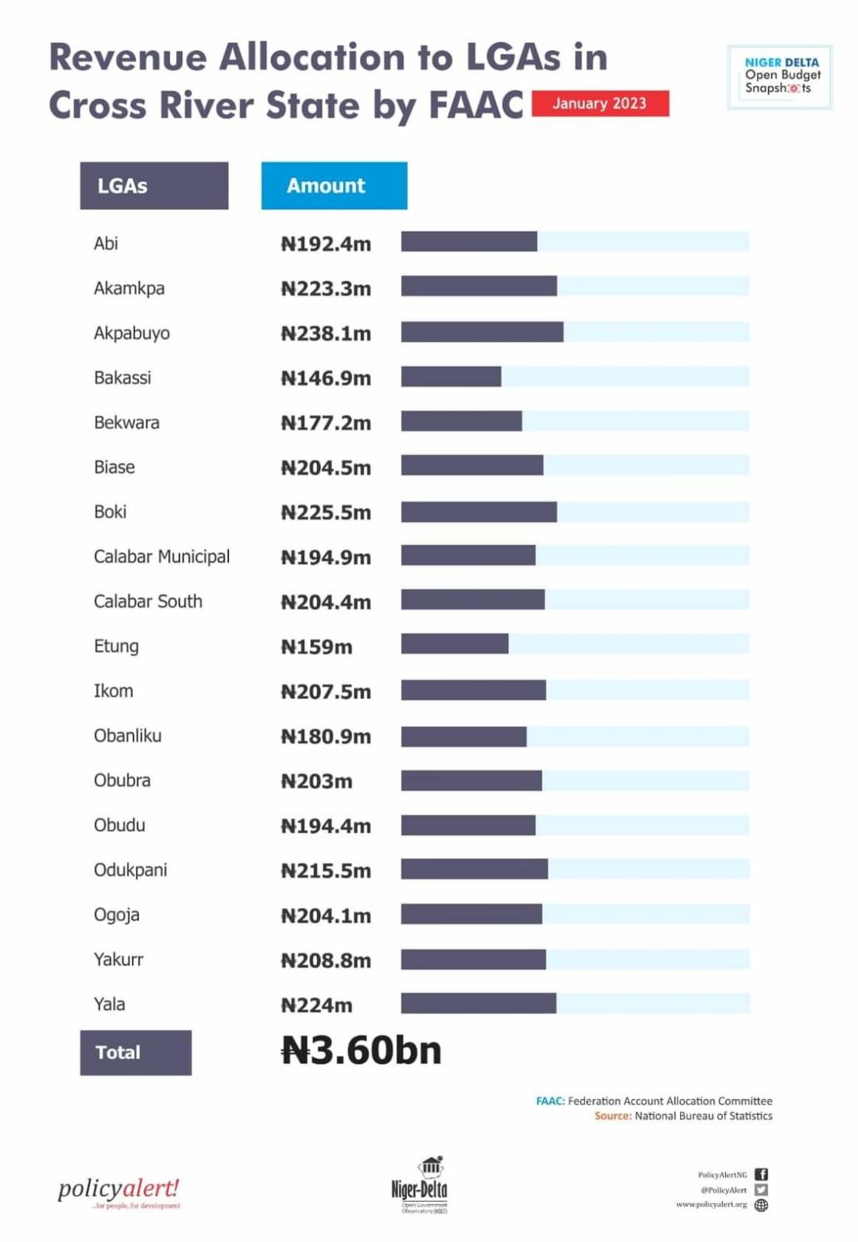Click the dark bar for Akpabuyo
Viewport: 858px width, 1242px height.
pos(482,332)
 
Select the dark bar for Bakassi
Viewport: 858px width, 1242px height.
pos(450,377)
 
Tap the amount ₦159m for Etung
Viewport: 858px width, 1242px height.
pos(316,647)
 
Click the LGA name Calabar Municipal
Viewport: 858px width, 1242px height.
pos(162,557)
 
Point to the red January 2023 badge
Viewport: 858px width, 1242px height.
pos(600,103)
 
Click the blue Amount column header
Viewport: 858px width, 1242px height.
pos(334,186)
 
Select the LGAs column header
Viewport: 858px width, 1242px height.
pos(154,186)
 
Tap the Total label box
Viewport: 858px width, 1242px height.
pos(135,1052)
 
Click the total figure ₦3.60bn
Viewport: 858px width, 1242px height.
pos(361,1050)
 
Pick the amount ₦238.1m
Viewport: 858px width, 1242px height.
pos(326,333)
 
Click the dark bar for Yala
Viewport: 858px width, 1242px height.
pos(478,1003)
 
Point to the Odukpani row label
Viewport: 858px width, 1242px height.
pos(130,870)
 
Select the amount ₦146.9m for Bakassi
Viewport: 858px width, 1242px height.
pos(326,378)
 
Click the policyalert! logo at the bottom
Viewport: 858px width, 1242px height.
pos(119,1191)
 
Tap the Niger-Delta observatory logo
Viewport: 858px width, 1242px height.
pos(419,1185)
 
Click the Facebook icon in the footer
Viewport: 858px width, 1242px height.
pos(761,1174)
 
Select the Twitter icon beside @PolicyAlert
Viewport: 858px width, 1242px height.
pos(761,1189)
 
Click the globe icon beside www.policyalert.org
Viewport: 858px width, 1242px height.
pos(761,1205)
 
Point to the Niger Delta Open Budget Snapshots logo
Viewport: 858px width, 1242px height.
pos(780,76)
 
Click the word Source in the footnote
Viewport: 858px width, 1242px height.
pos(612,1116)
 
